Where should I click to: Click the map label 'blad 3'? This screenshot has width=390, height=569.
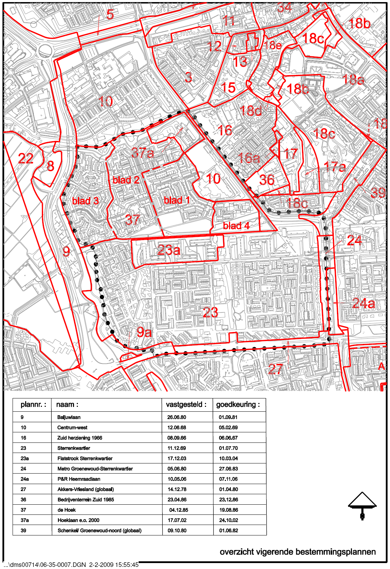click(x=85, y=201)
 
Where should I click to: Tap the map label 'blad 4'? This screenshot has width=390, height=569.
click(x=236, y=226)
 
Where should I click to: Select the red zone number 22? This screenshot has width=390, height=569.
click(x=25, y=159)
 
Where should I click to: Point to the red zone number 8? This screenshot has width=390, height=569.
click(x=51, y=166)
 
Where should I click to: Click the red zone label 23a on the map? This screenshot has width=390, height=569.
click(x=169, y=250)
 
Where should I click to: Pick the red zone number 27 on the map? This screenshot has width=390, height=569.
click(x=275, y=369)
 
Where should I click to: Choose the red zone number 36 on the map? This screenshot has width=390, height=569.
click(x=267, y=180)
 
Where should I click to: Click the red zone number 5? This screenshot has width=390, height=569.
click(x=110, y=14)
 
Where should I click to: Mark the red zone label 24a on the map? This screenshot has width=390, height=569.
click(x=363, y=303)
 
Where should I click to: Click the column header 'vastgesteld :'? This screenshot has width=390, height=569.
click(x=186, y=405)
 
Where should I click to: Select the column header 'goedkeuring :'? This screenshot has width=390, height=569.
click(x=238, y=405)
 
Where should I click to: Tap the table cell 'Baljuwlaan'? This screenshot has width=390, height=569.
click(x=69, y=417)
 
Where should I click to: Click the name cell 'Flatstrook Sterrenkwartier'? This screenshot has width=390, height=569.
click(x=85, y=459)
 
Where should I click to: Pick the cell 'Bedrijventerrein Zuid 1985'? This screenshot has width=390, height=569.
click(x=86, y=500)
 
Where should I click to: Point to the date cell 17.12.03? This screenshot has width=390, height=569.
click(x=177, y=459)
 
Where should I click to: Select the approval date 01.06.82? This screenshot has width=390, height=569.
click(x=228, y=531)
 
